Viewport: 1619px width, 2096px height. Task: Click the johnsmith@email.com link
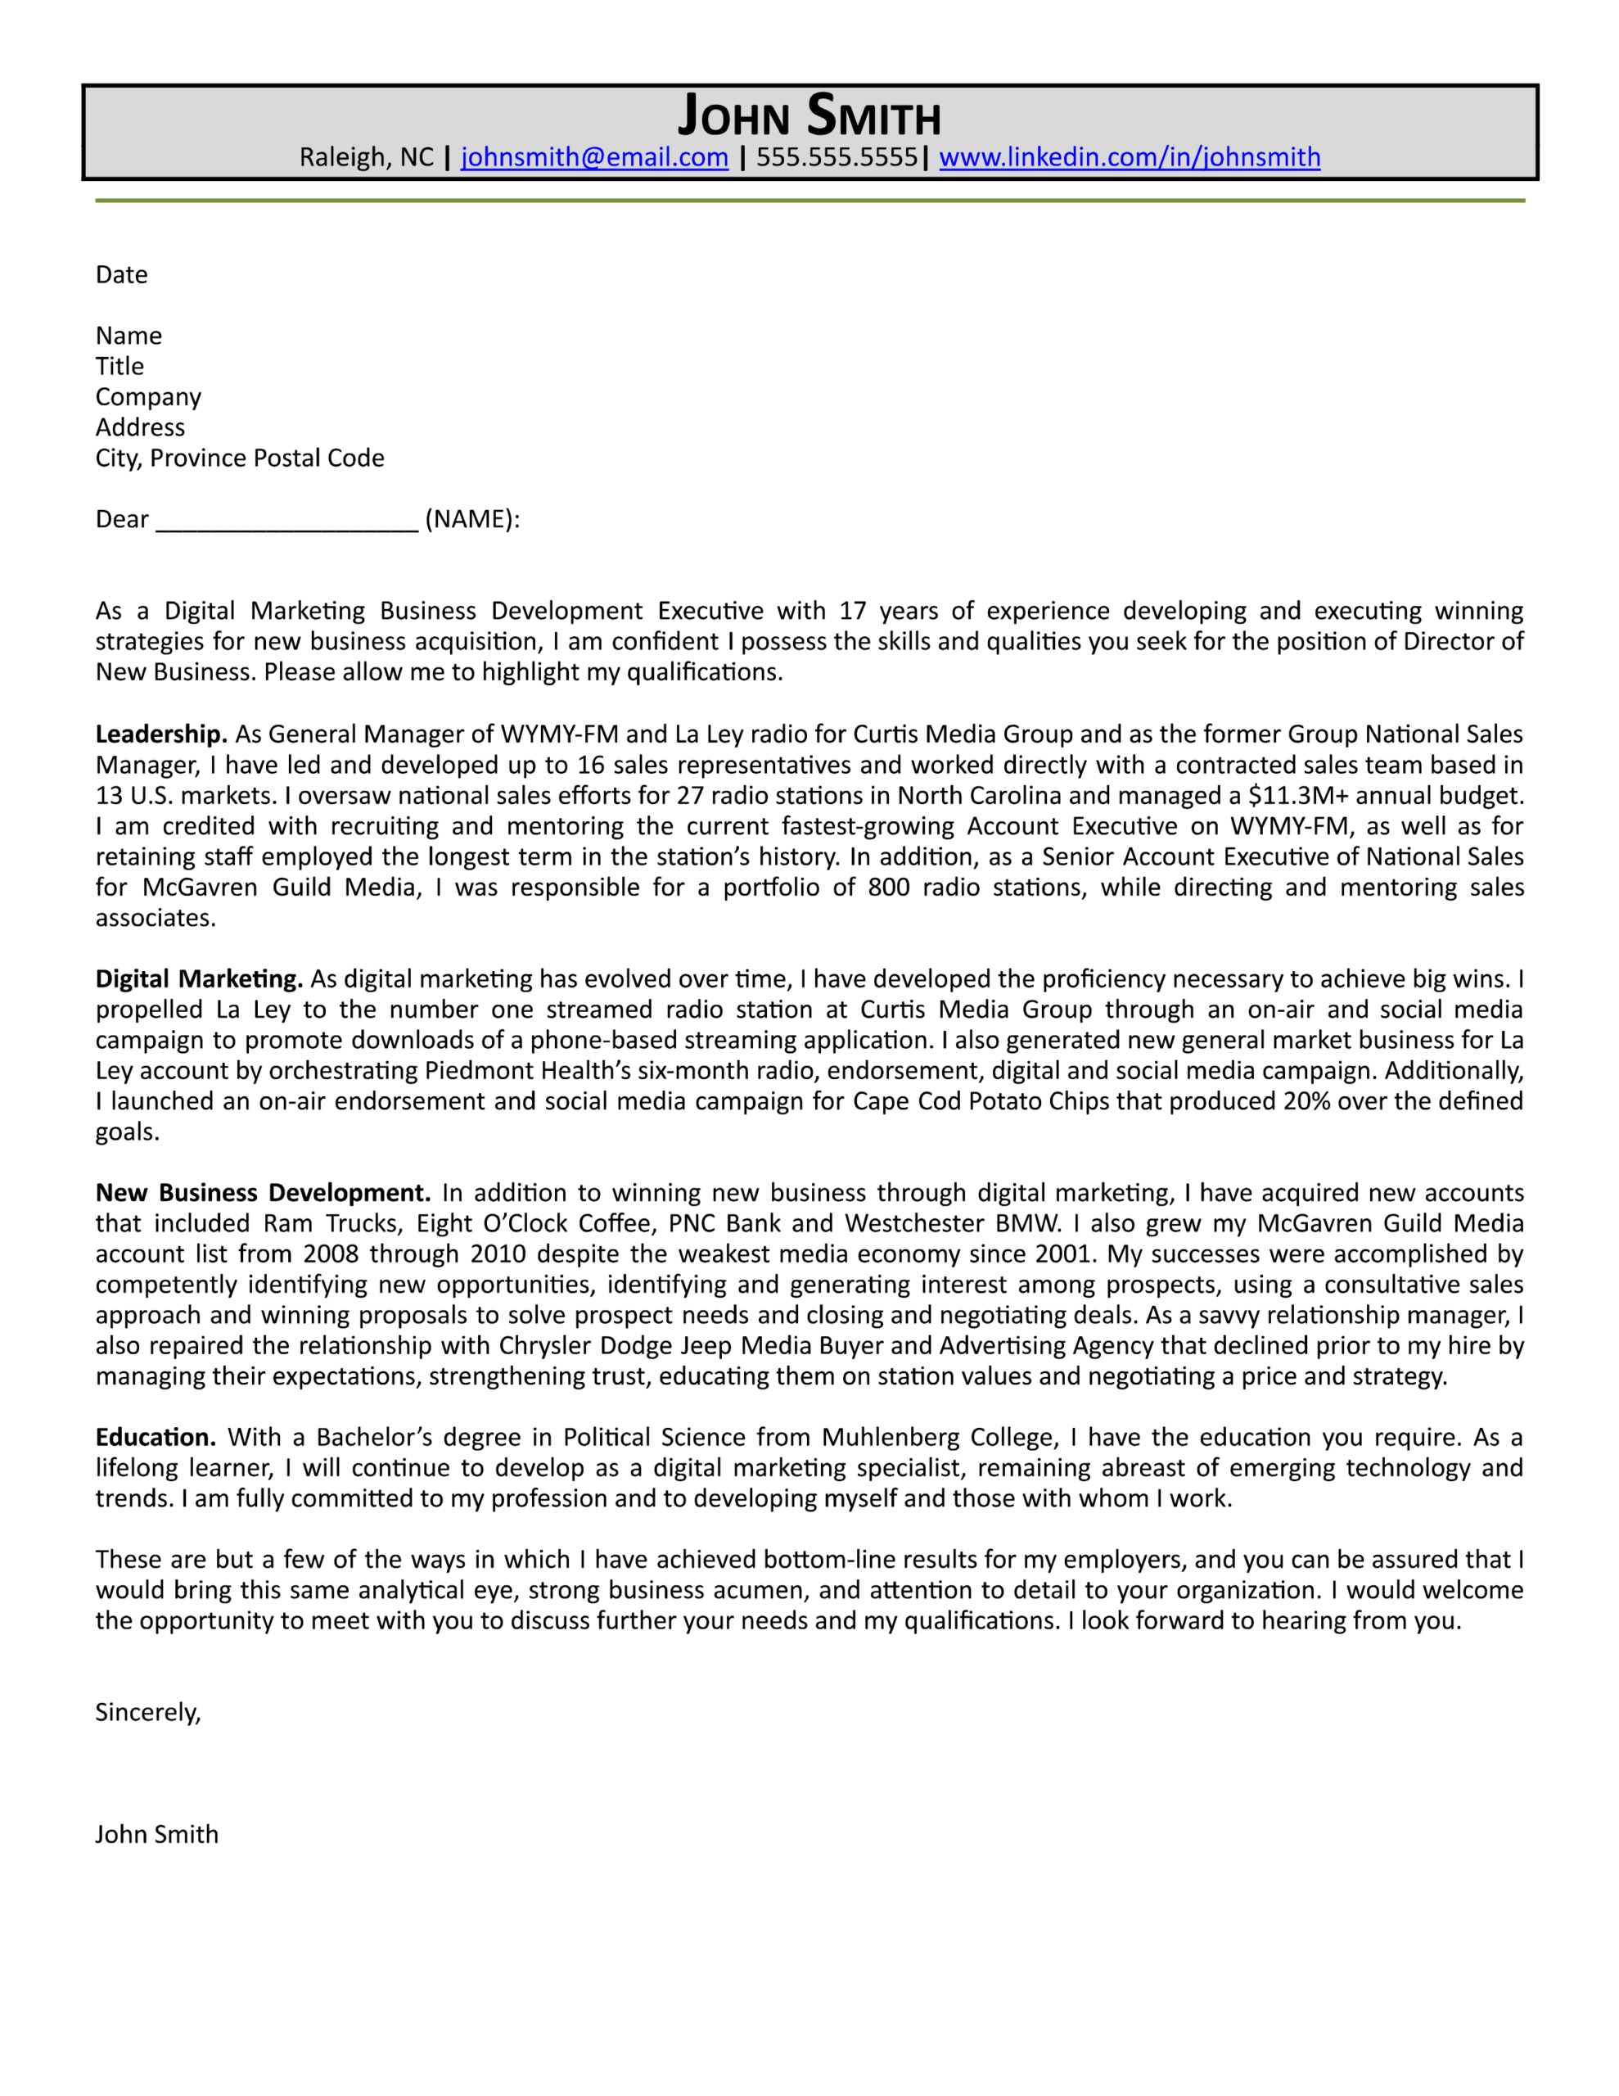tap(594, 156)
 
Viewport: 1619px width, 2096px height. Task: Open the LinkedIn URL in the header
tap(1129, 156)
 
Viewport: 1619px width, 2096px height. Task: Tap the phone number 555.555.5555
tap(836, 156)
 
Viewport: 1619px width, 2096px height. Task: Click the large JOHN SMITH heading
tap(809, 116)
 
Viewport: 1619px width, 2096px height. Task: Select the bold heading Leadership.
tap(160, 734)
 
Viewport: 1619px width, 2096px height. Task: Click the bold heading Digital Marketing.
tap(199, 979)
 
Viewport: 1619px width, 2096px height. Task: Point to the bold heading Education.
tap(155, 1438)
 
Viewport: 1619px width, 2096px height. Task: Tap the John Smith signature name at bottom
tap(156, 1835)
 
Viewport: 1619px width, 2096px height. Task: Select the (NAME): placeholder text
tap(472, 519)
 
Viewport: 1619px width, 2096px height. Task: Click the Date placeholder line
tap(122, 275)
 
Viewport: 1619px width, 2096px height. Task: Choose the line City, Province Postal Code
tap(239, 458)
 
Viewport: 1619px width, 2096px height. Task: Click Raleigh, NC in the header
tap(366, 156)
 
